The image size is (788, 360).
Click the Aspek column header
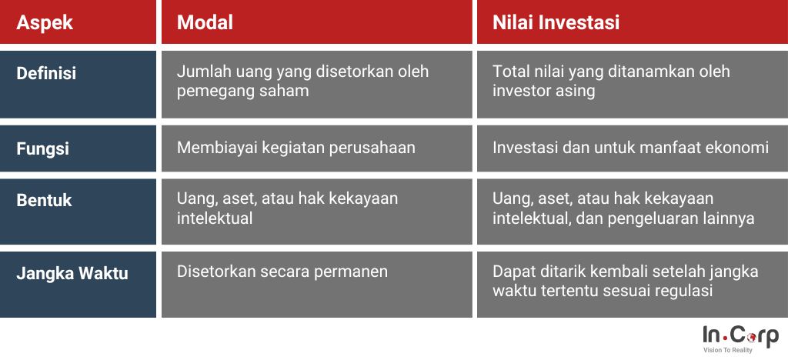coord(45,22)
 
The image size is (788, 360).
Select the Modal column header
coord(205,22)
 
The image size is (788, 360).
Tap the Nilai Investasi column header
coord(556,22)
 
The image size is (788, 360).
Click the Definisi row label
coord(46,73)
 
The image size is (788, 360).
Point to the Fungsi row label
coord(43,148)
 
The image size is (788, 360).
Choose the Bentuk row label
coord(44,200)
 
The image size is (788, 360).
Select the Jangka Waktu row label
coord(72,274)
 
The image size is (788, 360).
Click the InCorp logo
coord(740,339)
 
